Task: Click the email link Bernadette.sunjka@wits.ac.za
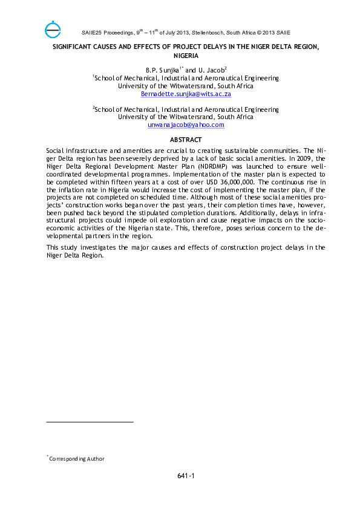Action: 186,94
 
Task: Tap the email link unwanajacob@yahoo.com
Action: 186,125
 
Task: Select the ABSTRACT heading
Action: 186,140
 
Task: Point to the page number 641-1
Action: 186,476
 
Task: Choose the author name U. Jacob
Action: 212,70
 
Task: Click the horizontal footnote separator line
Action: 90,422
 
